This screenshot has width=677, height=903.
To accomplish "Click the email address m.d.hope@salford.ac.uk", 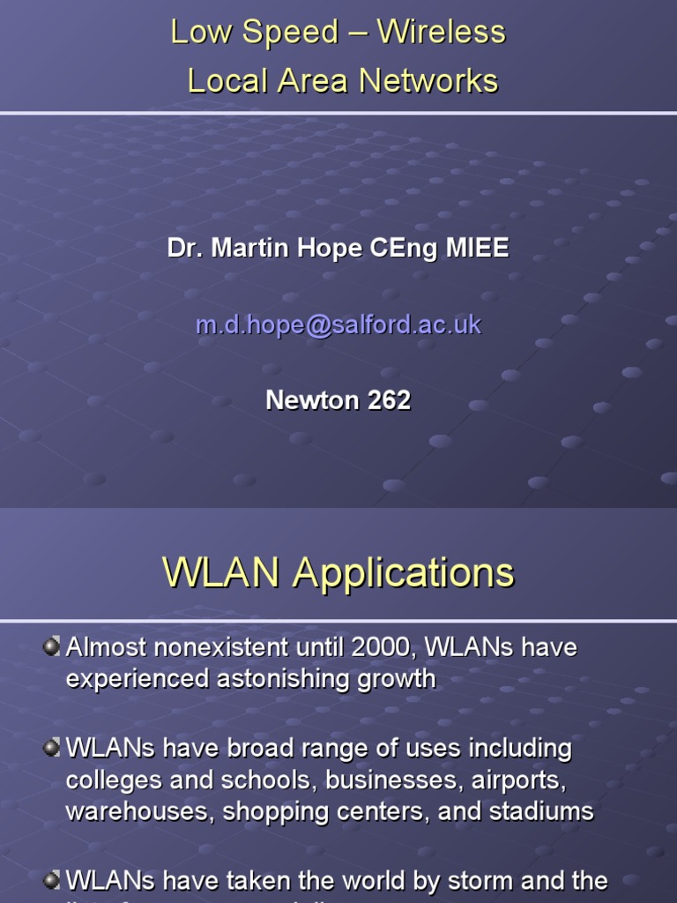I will (x=338, y=325).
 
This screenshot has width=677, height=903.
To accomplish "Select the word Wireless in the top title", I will (x=441, y=33).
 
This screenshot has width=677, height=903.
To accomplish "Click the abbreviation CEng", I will (x=404, y=249).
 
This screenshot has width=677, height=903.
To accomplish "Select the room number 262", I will (x=389, y=400).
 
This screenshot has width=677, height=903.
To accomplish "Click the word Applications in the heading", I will (x=404, y=574).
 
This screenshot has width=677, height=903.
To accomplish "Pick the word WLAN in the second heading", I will (x=224, y=573).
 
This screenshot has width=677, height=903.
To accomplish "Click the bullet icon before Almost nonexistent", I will (x=52, y=646).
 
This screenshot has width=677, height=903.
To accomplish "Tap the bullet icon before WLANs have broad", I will (x=52, y=748).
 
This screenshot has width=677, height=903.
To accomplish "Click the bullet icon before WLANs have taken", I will (x=52, y=879).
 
